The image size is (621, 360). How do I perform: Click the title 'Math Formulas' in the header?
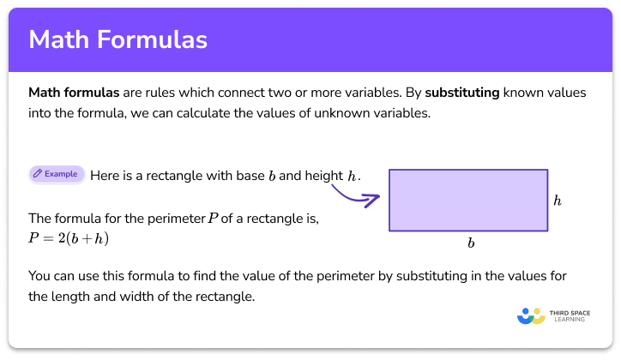[118, 40]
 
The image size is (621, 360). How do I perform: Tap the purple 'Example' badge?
[56, 174]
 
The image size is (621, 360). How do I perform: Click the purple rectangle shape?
[468, 200]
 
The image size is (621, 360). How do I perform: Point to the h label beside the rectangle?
[557, 201]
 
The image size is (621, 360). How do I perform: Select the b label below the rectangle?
[470, 243]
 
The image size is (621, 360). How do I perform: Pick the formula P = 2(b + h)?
[69, 237]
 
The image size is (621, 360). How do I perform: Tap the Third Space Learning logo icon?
[532, 316]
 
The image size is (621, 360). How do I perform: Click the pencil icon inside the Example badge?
[38, 174]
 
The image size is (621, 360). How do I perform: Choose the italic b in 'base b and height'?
[271, 176]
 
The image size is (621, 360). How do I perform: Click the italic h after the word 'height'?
[352, 176]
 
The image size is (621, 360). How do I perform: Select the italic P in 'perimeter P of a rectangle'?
[213, 219]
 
